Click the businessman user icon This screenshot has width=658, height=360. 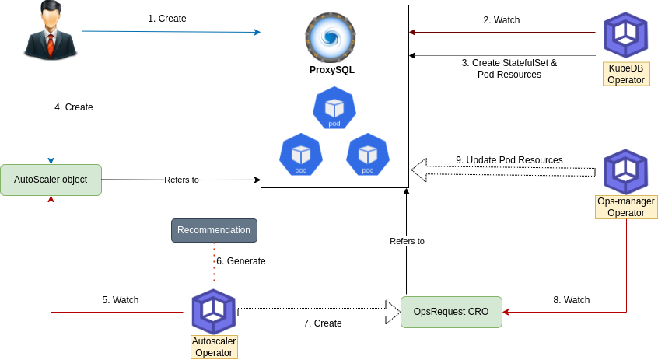tap(51, 31)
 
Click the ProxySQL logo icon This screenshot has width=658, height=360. tap(331, 37)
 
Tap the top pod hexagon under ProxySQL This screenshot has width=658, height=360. tap(334, 108)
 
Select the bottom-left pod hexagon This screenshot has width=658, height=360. tap(301, 154)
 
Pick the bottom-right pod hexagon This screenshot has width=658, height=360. tap(368, 154)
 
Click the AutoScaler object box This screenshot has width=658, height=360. tap(51, 180)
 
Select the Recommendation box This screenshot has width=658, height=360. tap(214, 230)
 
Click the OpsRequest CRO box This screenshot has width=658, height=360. tap(451, 312)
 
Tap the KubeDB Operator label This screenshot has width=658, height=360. tap(625, 74)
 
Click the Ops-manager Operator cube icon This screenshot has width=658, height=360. tap(626, 172)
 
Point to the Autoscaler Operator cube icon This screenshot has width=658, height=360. tap(214, 311)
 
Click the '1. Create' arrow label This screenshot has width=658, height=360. tap(167, 18)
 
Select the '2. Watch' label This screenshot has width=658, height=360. tap(502, 20)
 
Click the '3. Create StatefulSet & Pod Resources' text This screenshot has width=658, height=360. tap(509, 68)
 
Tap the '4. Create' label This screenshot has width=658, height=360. tap(74, 107)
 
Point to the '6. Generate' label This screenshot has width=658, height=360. tap(241, 261)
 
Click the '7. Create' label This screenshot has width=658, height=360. tap(323, 323)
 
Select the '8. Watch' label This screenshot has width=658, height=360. tap(572, 300)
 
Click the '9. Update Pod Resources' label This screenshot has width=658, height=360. tap(509, 160)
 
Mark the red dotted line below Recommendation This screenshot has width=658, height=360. tap(214, 262)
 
